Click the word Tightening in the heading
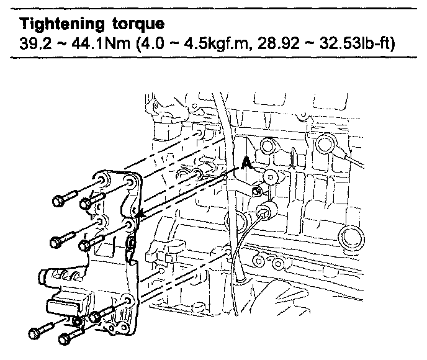point(62,24)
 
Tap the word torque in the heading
point(138,25)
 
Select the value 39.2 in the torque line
point(35,43)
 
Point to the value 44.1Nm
point(101,43)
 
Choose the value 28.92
point(278,43)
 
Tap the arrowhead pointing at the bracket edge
point(140,214)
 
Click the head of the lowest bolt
point(65,339)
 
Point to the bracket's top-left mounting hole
point(102,180)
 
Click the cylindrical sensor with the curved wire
point(267,209)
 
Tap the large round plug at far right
point(351,238)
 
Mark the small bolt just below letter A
point(256,191)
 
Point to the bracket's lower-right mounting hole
point(127,300)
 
